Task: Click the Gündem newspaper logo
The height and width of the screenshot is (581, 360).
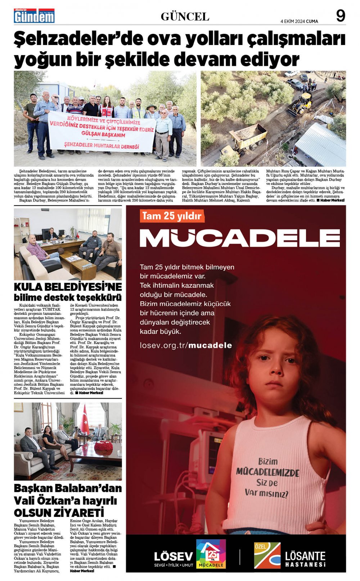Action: [x=34, y=16]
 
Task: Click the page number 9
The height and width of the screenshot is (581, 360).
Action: [x=340, y=16]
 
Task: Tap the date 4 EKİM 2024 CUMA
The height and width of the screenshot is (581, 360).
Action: [x=299, y=21]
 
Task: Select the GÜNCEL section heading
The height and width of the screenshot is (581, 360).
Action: [x=185, y=17]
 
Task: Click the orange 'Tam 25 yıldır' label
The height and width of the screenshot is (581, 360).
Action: [x=171, y=216]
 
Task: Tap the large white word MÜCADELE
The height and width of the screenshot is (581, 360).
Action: [x=239, y=238]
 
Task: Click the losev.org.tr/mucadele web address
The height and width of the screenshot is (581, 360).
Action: [x=186, y=345]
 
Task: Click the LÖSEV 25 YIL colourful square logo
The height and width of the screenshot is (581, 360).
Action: [x=211, y=554]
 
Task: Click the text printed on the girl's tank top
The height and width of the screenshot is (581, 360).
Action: [x=267, y=477]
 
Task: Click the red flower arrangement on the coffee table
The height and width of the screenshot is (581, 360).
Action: [x=103, y=446]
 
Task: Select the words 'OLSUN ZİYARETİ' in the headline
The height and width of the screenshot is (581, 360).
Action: [x=59, y=512]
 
